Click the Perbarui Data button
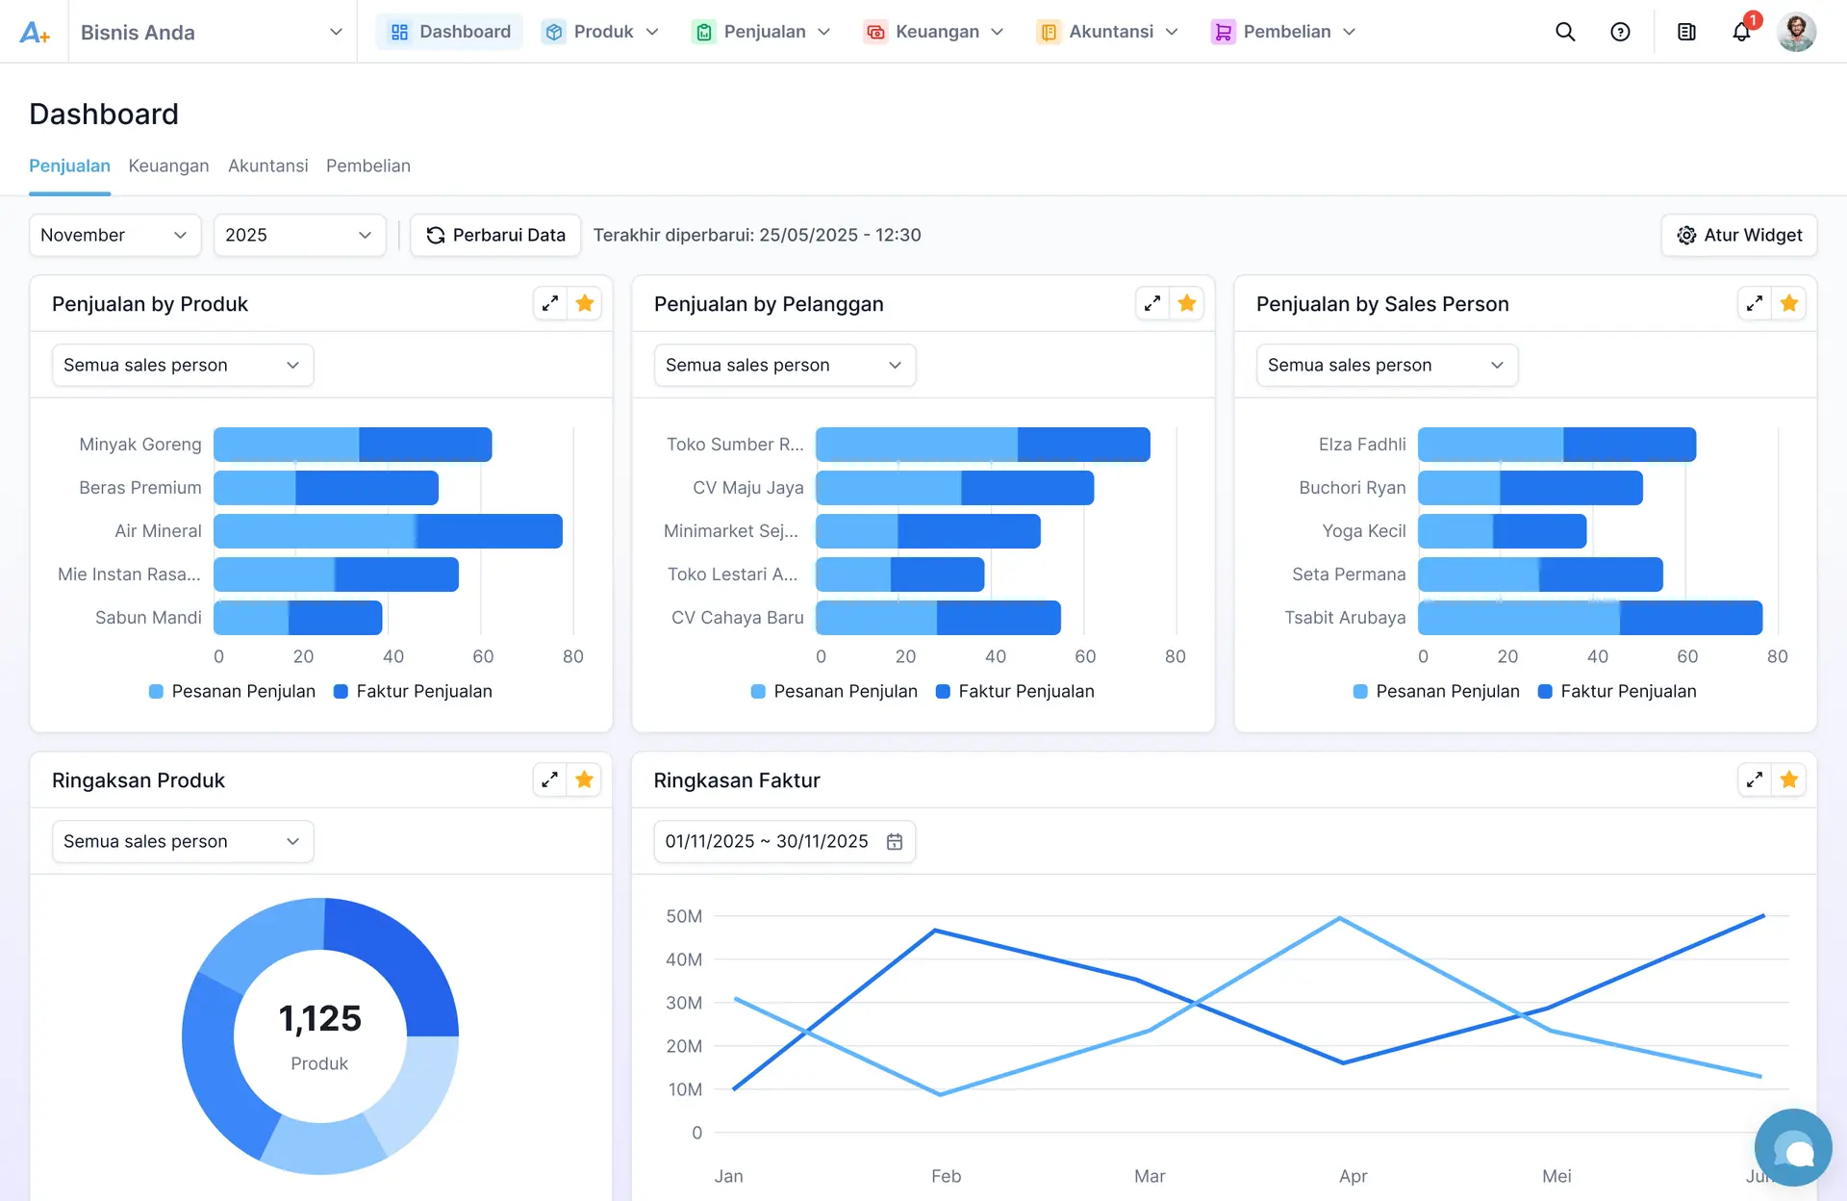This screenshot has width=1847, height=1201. coord(495,235)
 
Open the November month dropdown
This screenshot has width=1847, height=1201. coord(114,235)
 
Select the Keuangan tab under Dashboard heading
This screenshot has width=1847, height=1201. coord(168,166)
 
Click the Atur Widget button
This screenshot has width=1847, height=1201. coord(1738,235)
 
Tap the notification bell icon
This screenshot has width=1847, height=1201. coord(1741,32)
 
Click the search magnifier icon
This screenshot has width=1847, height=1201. coord(1565,32)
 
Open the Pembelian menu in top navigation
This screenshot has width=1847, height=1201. coord(1283,32)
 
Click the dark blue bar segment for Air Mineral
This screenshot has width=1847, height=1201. coord(489,531)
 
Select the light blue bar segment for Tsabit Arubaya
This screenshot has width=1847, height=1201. coord(1518,618)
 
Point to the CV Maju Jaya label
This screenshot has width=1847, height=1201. coord(747,488)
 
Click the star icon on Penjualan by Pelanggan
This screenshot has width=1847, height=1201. coord(1186,304)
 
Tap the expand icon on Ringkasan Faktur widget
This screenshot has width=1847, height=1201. coord(1754,780)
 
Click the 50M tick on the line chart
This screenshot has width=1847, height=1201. coord(684,916)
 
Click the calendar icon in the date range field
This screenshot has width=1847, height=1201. coord(895,842)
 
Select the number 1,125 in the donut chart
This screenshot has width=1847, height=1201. coord(319,1018)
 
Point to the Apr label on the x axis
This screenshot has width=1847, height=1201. coord(1353,1176)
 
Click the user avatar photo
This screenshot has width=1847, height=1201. coord(1795,32)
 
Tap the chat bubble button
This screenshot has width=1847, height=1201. coord(1792,1148)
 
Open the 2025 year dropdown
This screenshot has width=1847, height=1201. coord(298,235)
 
